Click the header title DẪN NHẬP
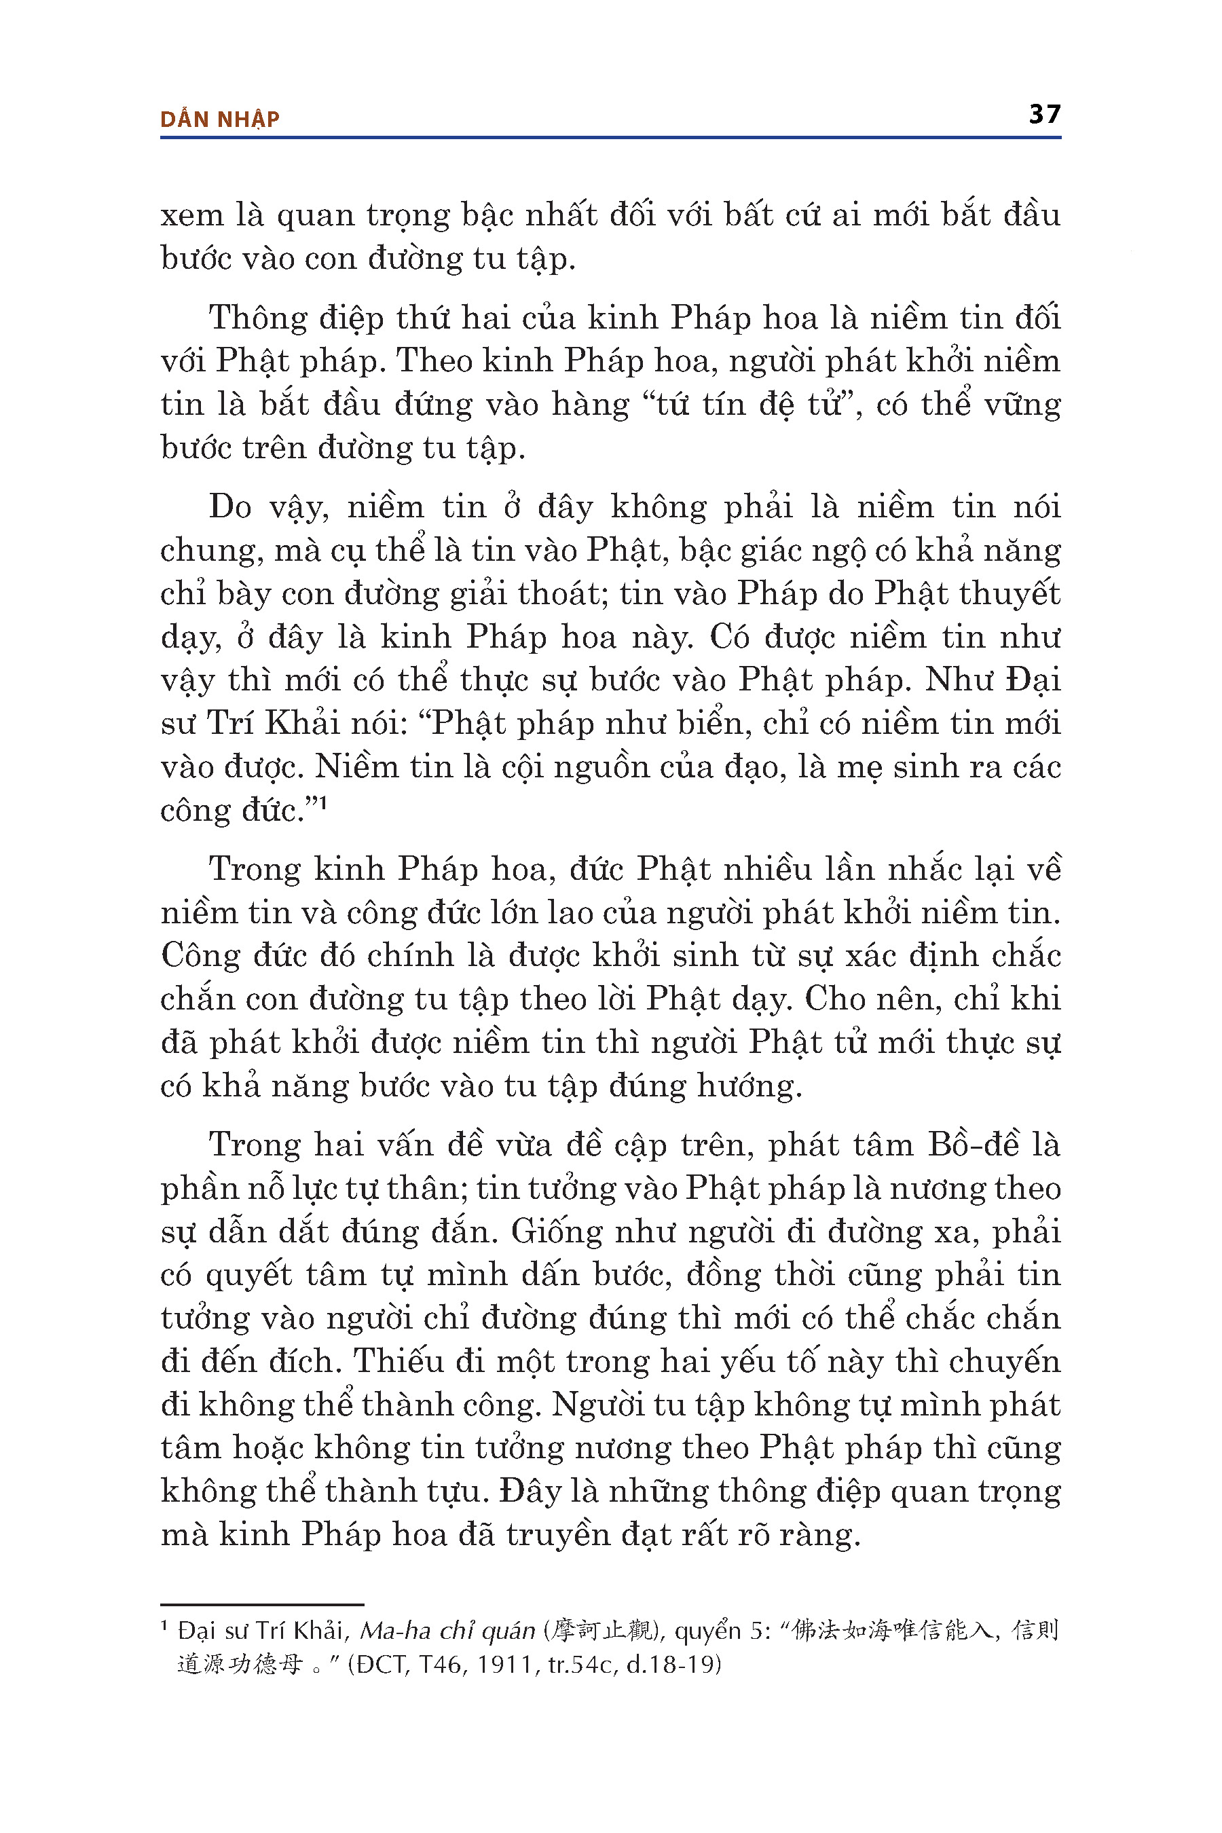coord(219,119)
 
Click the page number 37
coord(1044,115)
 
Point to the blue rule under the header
coord(610,138)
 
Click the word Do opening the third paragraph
coord(230,507)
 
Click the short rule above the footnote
coord(262,1605)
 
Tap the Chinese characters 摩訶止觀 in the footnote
coord(601,1631)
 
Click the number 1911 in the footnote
coord(505,1665)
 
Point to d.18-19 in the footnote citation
coord(669,1665)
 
